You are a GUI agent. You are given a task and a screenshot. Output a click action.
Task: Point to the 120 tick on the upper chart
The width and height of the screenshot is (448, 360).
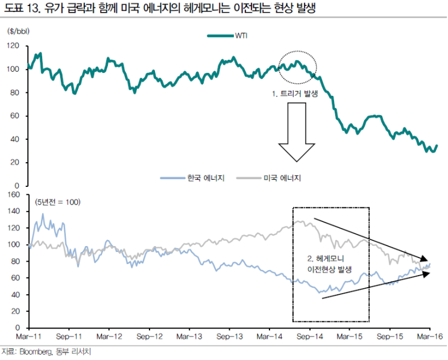tap(14, 46)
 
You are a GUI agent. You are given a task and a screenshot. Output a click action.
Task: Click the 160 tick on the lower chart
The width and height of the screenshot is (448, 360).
tap(14, 195)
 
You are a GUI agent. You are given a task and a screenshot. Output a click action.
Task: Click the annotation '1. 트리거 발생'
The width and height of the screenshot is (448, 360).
tap(295, 94)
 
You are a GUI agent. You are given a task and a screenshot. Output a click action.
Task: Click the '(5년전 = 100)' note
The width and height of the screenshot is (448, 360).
tap(58, 201)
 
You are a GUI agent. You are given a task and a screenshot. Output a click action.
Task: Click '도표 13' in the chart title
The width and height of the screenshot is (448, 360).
tap(21, 8)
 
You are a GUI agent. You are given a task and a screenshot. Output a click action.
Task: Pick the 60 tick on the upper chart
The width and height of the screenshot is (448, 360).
tap(16, 116)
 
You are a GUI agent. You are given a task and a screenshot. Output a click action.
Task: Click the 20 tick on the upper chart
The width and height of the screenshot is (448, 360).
tap(16, 162)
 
